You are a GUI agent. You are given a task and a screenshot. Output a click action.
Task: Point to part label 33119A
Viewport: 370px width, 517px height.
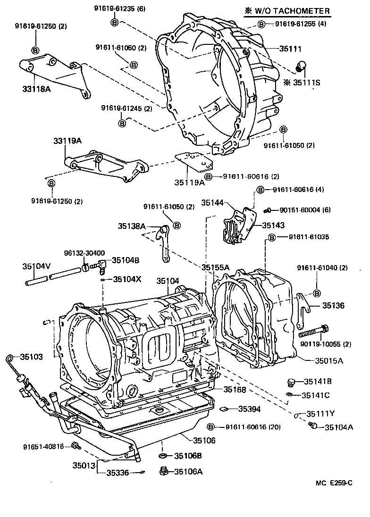67,141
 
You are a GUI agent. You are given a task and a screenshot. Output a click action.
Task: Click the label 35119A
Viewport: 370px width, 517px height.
189,182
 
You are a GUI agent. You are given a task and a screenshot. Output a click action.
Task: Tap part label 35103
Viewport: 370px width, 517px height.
31,357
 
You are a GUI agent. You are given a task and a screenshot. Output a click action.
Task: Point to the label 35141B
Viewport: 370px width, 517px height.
317,381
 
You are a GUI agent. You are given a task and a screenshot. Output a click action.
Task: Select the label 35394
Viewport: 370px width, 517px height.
249,409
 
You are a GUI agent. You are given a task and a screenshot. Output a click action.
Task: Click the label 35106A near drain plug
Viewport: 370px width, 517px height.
188,471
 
